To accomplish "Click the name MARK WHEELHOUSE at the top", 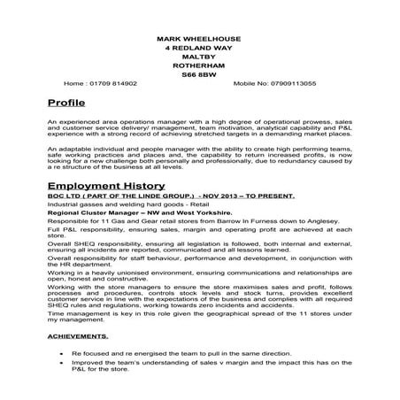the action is tap(199, 40).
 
